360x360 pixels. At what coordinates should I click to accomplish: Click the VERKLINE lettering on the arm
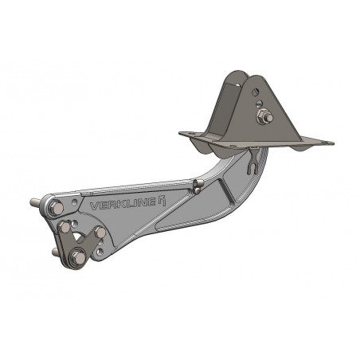click(x=123, y=204)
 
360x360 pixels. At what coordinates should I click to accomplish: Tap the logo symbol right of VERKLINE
click(x=162, y=201)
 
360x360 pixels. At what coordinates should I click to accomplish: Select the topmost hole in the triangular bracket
click(x=256, y=92)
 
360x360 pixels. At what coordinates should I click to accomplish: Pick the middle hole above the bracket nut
click(x=260, y=103)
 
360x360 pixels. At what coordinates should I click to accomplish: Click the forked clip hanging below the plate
click(x=252, y=164)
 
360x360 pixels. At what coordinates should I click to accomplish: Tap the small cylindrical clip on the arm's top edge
click(x=198, y=186)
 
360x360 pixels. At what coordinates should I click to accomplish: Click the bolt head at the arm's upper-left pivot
click(x=56, y=208)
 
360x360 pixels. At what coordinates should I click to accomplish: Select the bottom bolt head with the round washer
click(x=78, y=258)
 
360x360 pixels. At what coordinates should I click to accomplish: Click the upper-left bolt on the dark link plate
click(x=65, y=228)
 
